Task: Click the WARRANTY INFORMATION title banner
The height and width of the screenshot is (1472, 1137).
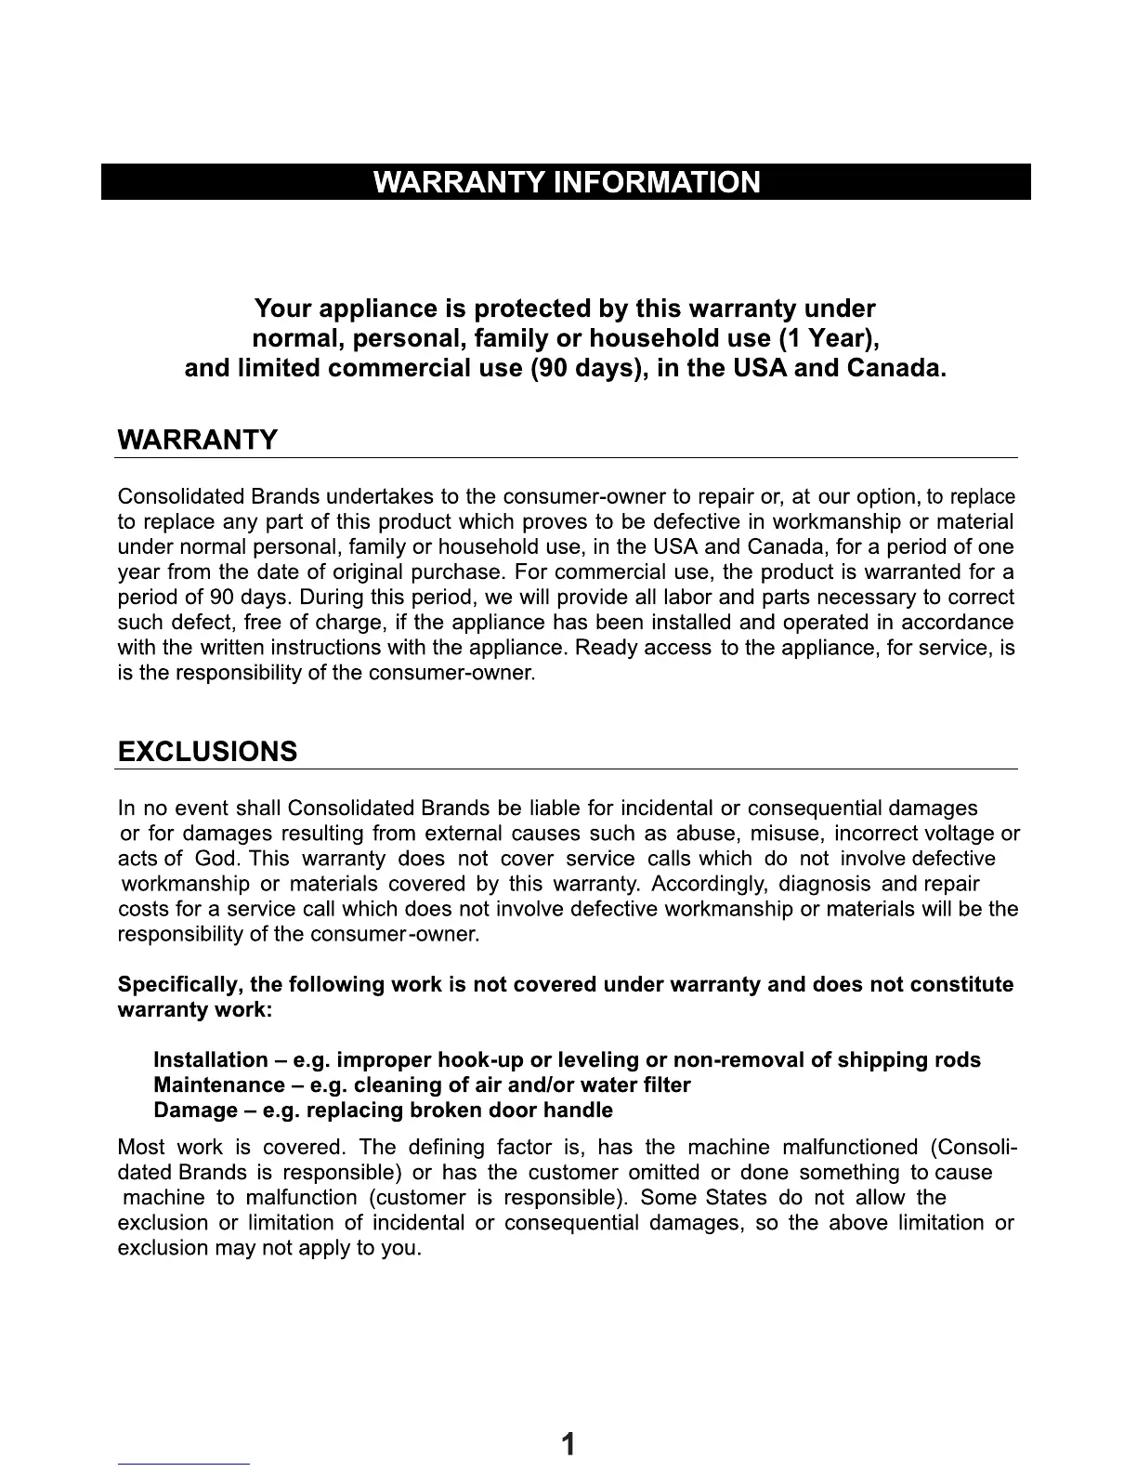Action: [x=566, y=181]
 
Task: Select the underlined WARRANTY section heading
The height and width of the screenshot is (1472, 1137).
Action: [x=197, y=440]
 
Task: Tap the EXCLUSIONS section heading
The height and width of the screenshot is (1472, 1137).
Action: [x=208, y=751]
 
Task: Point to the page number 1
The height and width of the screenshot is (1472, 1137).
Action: [x=568, y=1443]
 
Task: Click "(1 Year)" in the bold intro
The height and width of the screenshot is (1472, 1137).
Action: [x=829, y=337]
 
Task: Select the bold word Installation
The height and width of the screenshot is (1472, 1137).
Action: [x=209, y=1060]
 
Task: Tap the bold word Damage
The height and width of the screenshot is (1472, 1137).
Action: [x=194, y=1111]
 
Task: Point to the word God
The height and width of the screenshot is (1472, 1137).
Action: [x=216, y=859]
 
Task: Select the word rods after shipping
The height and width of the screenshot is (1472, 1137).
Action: [x=958, y=1060]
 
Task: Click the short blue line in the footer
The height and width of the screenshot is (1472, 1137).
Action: [x=184, y=1464]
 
